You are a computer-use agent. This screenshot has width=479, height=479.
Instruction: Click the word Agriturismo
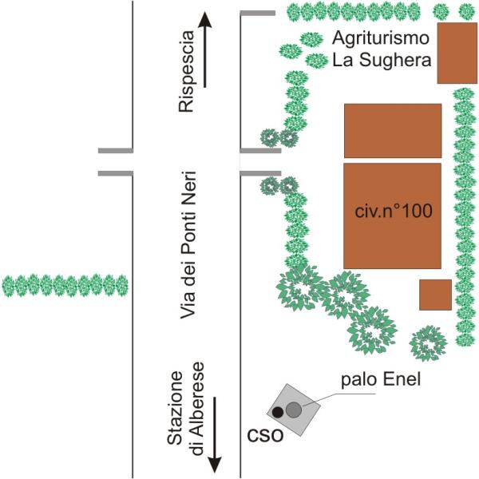pyautogui.click(x=381, y=39)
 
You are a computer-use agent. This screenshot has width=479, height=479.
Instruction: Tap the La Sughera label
pyautogui.click(x=382, y=60)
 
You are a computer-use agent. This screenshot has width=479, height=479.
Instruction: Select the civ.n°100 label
pyautogui.click(x=394, y=211)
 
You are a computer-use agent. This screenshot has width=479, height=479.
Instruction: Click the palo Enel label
pyautogui.click(x=381, y=380)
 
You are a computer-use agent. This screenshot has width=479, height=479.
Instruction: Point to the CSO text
pyautogui.click(x=265, y=435)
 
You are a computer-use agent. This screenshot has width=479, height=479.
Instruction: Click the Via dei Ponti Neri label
pyautogui.click(x=188, y=245)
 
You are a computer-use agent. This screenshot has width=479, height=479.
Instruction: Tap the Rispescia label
pyautogui.click(x=186, y=72)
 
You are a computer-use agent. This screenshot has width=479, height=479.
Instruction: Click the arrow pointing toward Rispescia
pyautogui.click(x=204, y=50)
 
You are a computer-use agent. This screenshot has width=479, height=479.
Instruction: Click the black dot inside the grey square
pyautogui.click(x=278, y=413)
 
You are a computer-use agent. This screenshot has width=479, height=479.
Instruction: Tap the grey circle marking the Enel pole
pyautogui.click(x=294, y=410)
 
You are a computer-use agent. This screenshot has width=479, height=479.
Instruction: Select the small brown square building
pyautogui.click(x=435, y=295)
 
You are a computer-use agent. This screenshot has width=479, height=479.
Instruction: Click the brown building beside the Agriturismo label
pyautogui.click(x=457, y=53)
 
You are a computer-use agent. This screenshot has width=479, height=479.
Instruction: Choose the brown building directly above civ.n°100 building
pyautogui.click(x=393, y=131)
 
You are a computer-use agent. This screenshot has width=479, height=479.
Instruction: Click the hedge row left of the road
pyautogui.click(x=65, y=286)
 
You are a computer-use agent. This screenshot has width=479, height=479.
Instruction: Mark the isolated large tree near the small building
pyautogui.click(x=428, y=343)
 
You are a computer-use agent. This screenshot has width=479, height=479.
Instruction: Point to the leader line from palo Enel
pyautogui.click(x=338, y=399)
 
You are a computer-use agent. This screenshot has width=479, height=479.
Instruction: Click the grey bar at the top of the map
pyautogui.click(x=258, y=13)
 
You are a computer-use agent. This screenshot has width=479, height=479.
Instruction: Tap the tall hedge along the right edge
pyautogui.click(x=465, y=217)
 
